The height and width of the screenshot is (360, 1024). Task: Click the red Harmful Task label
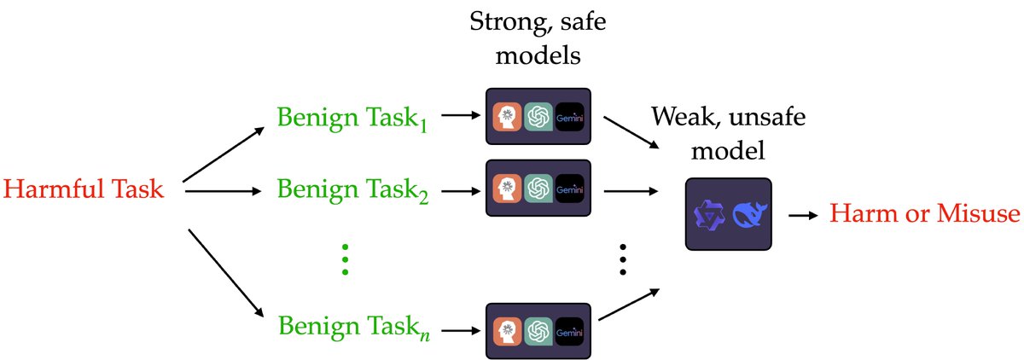click(x=84, y=190)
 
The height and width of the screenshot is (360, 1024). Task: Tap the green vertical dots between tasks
click(x=345, y=258)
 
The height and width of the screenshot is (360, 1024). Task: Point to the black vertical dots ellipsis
click(x=624, y=258)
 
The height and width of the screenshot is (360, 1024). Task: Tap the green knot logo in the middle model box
click(x=538, y=188)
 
